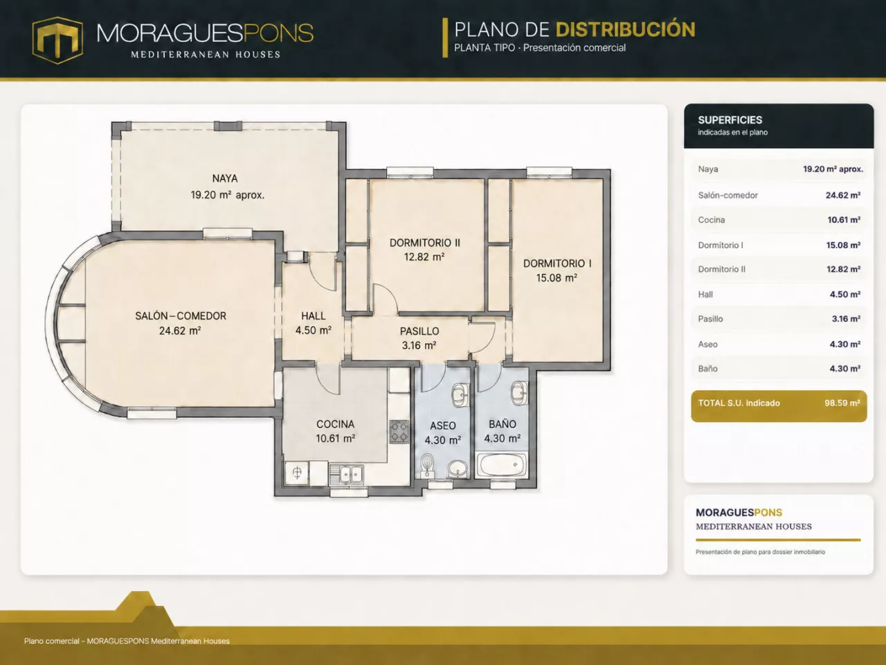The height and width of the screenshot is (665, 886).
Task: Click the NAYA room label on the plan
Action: (x=225, y=179)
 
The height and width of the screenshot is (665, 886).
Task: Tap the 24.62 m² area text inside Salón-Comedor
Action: (x=180, y=331)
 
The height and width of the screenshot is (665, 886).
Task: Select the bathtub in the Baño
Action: (x=502, y=465)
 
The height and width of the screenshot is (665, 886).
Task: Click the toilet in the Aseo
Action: (x=426, y=466)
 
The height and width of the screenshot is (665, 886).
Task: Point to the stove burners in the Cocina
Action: (x=399, y=431)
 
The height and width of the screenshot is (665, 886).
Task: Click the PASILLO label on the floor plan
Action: (x=419, y=331)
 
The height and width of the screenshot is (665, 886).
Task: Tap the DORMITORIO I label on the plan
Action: (x=557, y=264)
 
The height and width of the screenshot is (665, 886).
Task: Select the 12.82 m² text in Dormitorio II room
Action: (x=424, y=257)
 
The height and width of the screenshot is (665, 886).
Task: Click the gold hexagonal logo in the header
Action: (x=57, y=40)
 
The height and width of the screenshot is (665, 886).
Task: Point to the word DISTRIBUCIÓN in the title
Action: (x=626, y=30)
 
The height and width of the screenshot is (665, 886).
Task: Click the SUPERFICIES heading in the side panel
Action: (x=730, y=120)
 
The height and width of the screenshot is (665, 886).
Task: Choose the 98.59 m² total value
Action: (x=842, y=403)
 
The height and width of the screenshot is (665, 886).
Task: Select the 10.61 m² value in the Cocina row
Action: (x=844, y=220)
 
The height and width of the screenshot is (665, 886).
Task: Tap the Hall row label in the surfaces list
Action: (x=705, y=295)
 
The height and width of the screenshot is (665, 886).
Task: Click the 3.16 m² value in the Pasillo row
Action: (x=846, y=319)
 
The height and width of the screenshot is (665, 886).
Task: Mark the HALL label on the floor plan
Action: (x=314, y=316)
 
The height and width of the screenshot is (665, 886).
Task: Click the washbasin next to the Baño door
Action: (x=518, y=392)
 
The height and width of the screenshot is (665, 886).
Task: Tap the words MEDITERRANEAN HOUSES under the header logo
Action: (x=206, y=55)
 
